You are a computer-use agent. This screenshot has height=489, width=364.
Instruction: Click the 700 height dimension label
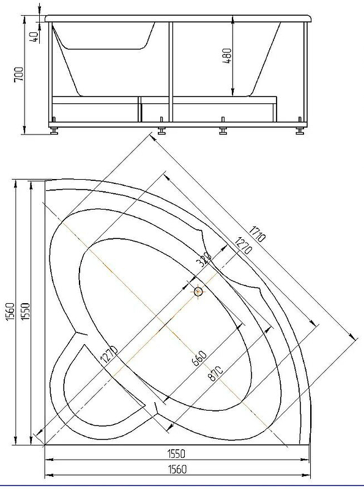pyautogui.click(x=19, y=74)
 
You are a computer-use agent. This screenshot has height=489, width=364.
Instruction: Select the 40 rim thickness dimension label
pyautogui.click(x=34, y=37)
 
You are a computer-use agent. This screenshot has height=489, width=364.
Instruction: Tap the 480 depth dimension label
pyautogui.click(x=227, y=56)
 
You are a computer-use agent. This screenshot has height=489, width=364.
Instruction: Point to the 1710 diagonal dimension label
pyautogui.click(x=257, y=233)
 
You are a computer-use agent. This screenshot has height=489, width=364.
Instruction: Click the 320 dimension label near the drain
pyautogui.click(x=204, y=260)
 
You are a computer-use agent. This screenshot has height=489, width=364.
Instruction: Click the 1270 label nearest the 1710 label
pyautogui.click(x=243, y=246)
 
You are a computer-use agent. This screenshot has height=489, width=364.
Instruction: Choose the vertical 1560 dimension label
pyautogui.click(x=10, y=311)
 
